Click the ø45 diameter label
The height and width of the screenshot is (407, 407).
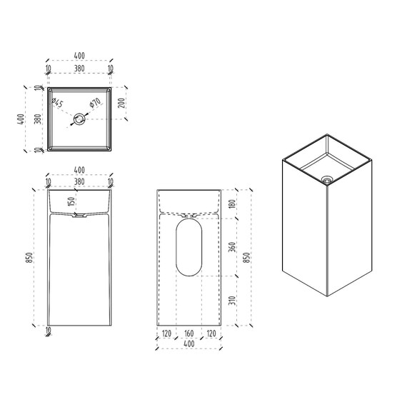(x=57, y=103)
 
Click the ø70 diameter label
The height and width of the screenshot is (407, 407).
(x=95, y=102)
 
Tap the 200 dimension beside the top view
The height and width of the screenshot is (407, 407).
(x=121, y=104)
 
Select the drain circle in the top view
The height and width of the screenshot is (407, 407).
(x=79, y=119)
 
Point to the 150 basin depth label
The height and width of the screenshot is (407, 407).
(x=71, y=201)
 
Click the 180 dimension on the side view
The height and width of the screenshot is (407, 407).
(x=233, y=203)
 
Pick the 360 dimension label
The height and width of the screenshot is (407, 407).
(x=233, y=247)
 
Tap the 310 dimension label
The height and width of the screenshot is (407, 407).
(x=233, y=301)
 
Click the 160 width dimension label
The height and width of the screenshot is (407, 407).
(x=189, y=333)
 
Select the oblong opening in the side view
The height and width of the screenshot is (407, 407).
(x=189, y=247)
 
